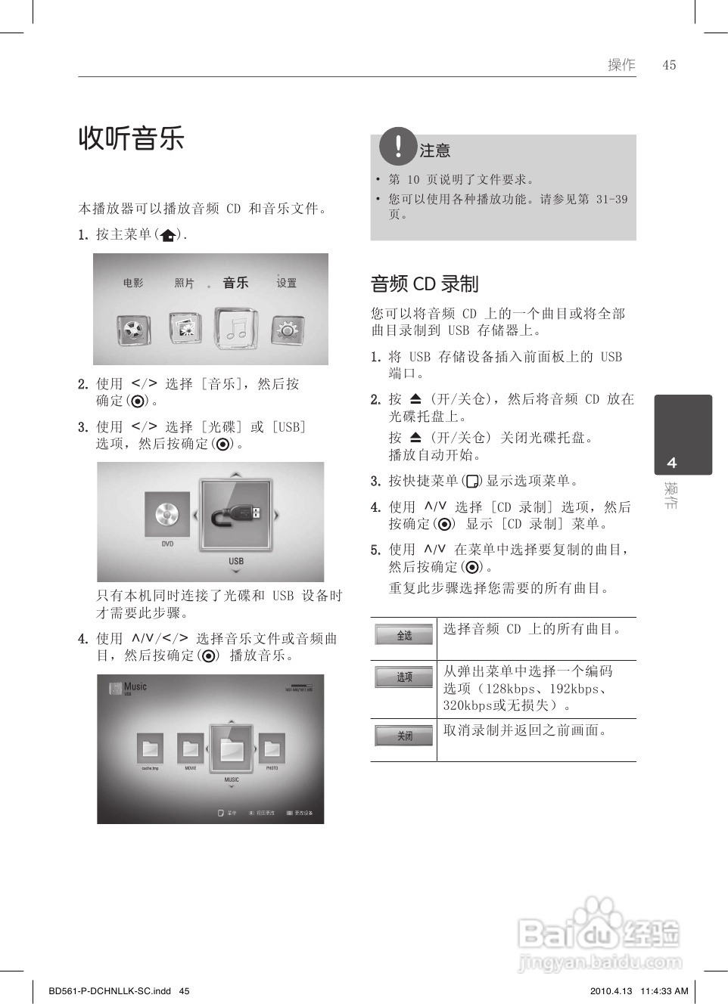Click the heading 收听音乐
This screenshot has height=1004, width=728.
pyautogui.click(x=132, y=138)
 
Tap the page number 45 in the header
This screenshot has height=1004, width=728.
pyautogui.click(x=669, y=65)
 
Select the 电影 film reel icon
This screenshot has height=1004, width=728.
pyautogui.click(x=132, y=330)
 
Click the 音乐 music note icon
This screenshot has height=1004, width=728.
pyautogui.click(x=236, y=327)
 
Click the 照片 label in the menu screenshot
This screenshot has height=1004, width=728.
pyautogui.click(x=184, y=283)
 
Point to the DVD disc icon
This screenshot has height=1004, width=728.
pyautogui.click(x=167, y=515)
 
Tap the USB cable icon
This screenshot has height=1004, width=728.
pyautogui.click(x=236, y=516)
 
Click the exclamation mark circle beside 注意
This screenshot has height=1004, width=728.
pyautogui.click(x=398, y=146)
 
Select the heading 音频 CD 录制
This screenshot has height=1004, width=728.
pyautogui.click(x=425, y=284)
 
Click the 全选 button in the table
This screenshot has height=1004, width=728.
pyautogui.click(x=404, y=635)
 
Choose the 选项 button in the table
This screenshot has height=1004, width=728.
pyautogui.click(x=404, y=677)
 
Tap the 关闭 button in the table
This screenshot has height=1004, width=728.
pyautogui.click(x=404, y=735)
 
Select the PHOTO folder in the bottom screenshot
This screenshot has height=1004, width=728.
pyautogui.click(x=272, y=748)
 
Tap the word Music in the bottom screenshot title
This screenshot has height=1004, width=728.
pyautogui.click(x=135, y=686)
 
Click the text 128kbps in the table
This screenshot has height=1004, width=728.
pyautogui.click(x=511, y=689)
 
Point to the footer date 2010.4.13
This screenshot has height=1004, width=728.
pyautogui.click(x=609, y=990)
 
